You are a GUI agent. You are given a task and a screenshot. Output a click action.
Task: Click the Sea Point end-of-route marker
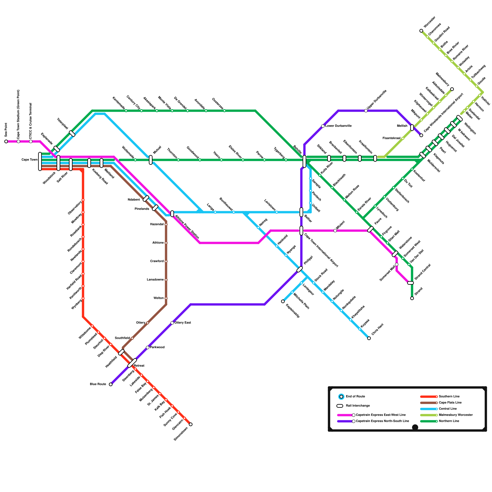click(x=6, y=141)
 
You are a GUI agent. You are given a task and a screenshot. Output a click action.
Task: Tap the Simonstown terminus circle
click(x=191, y=424)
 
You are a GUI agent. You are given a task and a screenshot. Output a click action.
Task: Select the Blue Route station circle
click(x=111, y=384)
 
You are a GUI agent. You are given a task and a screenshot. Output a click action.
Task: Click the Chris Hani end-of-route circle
click(x=369, y=338)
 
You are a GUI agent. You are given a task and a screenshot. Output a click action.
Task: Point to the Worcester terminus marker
click(x=421, y=31)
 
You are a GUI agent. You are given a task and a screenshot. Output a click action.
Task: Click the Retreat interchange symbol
click(x=132, y=363)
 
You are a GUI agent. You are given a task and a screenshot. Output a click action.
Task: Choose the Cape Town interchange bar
click(x=40, y=161)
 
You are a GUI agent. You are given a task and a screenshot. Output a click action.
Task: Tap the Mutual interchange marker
click(x=151, y=160)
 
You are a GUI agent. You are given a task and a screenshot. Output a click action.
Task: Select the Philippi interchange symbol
click(x=300, y=269)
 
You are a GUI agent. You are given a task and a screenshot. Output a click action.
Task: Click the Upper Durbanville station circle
click(x=366, y=111)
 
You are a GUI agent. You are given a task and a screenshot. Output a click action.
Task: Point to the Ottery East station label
click(x=183, y=323)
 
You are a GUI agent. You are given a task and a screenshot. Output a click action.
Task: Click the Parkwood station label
click(x=157, y=347)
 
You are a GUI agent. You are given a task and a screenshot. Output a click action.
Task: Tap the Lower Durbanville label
click(x=338, y=126)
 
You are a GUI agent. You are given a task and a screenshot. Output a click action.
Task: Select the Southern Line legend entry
click(x=449, y=397)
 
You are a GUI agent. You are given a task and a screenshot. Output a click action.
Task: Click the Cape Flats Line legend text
click(x=450, y=403)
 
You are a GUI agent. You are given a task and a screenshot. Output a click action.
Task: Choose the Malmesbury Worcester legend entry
click(x=456, y=415)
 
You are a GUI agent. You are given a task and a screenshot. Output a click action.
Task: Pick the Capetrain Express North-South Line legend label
click(x=382, y=421)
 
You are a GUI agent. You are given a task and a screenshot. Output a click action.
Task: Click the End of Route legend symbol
click(x=341, y=397)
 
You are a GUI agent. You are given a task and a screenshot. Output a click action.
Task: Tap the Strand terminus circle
click(x=412, y=298)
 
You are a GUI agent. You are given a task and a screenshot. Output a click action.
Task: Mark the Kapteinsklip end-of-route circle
click(x=283, y=301)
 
